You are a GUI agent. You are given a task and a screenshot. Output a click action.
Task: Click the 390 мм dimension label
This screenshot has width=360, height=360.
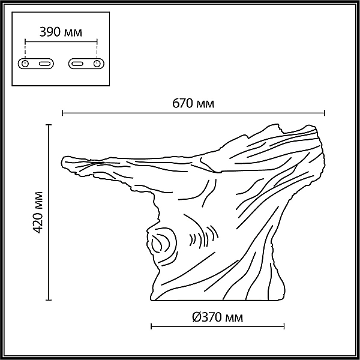(x=61, y=32)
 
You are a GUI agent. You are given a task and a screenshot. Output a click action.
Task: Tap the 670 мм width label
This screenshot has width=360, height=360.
(x=193, y=103)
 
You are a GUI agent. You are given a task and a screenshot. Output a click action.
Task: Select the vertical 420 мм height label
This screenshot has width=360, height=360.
(x=37, y=212)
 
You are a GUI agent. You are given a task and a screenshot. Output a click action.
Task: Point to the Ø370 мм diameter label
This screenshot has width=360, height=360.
(x=217, y=317)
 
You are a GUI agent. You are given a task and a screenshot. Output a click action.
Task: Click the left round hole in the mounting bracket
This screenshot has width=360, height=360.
(x=25, y=64)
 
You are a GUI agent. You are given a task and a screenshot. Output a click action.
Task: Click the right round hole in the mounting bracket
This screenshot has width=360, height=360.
(x=97, y=64)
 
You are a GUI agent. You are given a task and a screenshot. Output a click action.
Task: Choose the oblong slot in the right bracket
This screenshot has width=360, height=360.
(x=77, y=64)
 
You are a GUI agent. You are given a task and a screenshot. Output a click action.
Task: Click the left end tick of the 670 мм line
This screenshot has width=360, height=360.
(x=62, y=113)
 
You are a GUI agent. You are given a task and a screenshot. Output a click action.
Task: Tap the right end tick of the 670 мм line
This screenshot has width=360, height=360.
(x=325, y=113)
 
